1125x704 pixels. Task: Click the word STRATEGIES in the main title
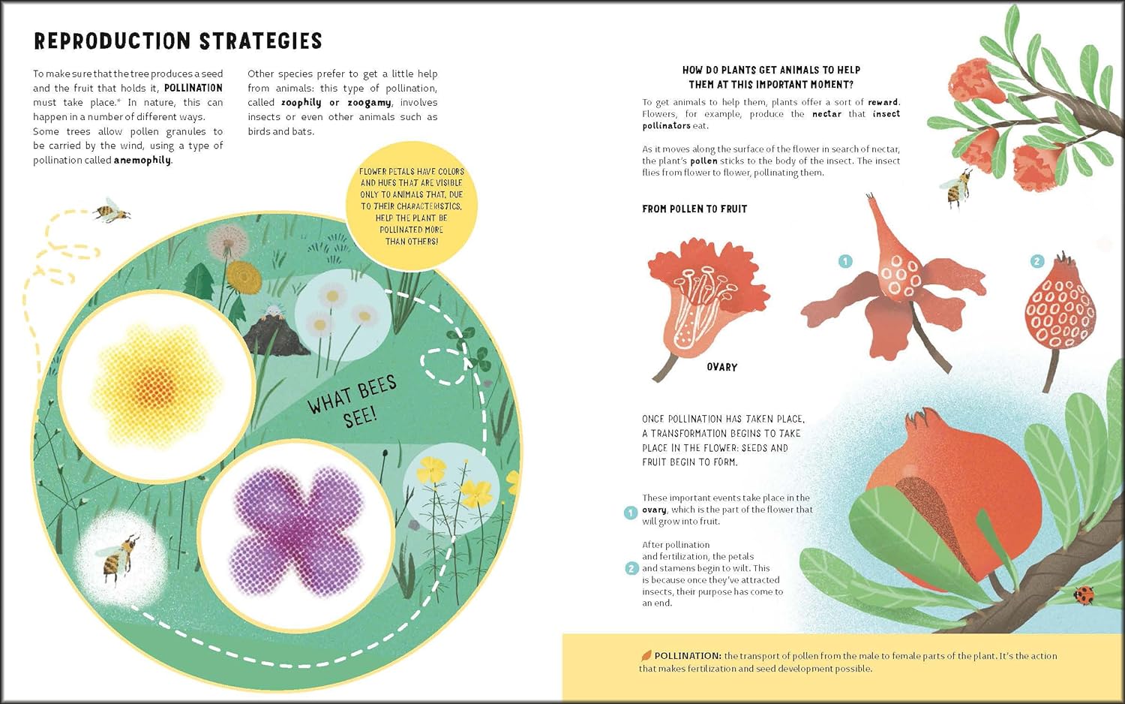261,41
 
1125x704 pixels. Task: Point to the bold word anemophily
142,161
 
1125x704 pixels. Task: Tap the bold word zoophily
301,103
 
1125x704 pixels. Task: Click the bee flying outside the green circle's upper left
111,210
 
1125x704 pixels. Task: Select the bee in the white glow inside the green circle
119,558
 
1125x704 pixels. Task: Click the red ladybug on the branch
1083,594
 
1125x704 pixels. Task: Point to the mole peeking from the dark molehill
274,311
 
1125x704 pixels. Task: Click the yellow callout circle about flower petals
411,206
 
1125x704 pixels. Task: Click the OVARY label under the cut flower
721,367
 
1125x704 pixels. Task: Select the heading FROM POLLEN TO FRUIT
694,209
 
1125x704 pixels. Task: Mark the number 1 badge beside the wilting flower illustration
846,261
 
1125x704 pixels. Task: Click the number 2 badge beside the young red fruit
1037,261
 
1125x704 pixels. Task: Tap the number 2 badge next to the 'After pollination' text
631,569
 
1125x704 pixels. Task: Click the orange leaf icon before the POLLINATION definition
646,655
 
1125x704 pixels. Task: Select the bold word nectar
826,114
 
